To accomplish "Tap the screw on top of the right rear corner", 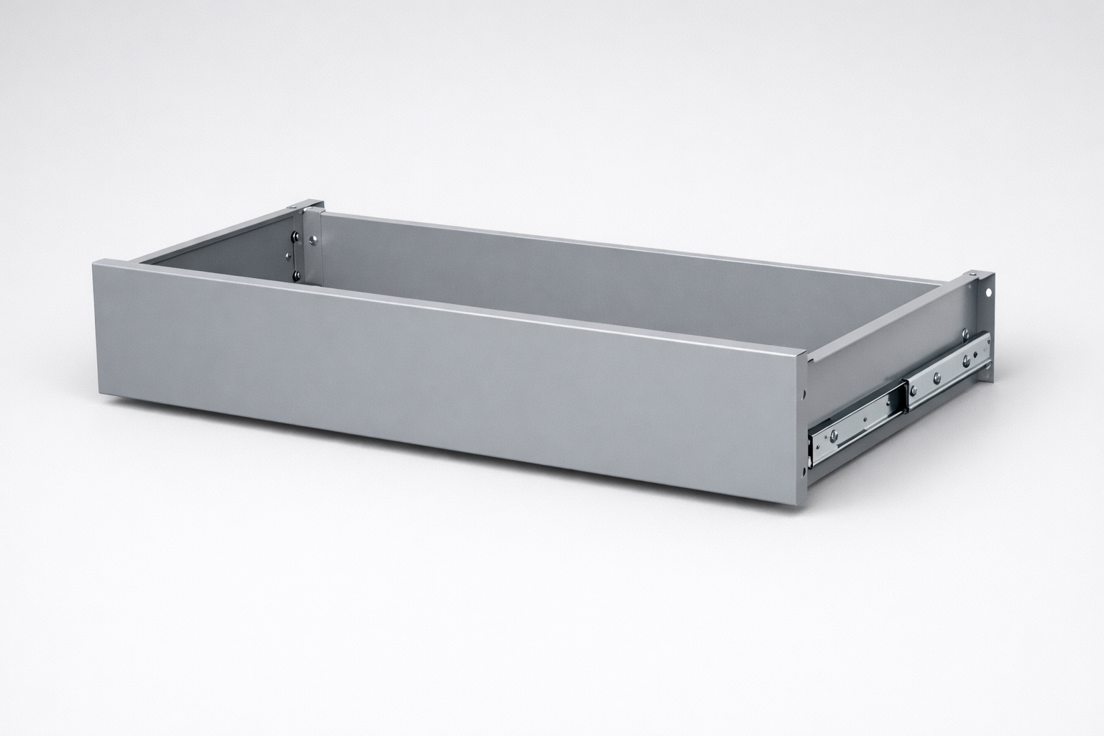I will click(x=971, y=275).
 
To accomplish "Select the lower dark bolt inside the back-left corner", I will click(x=295, y=273).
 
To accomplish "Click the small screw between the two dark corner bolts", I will click(x=294, y=254).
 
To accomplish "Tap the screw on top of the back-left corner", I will click(x=295, y=208).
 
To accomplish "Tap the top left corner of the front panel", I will click(x=92, y=262).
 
